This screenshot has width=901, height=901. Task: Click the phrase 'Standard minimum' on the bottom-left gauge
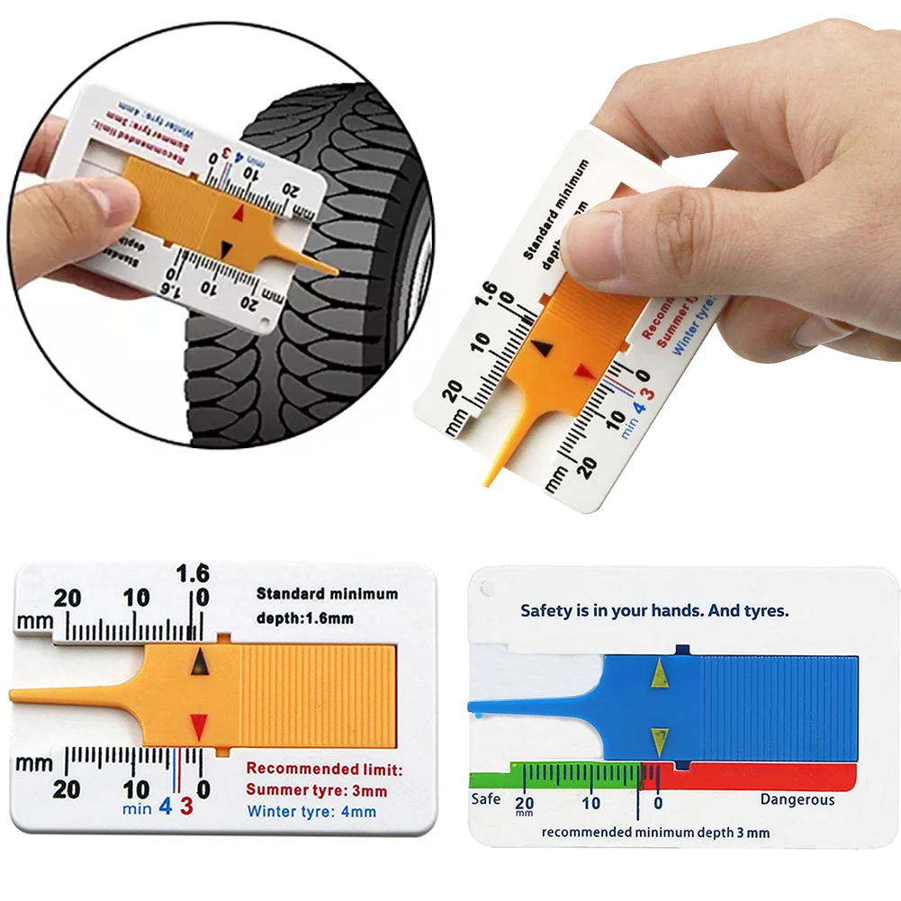click(327, 594)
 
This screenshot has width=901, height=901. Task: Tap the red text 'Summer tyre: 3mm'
click(316, 791)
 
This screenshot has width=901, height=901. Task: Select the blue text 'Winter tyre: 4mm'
click(311, 812)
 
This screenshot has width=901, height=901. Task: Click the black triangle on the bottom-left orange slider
click(200, 664)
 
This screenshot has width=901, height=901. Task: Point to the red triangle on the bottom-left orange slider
click(199, 725)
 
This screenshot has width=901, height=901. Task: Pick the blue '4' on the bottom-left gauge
click(166, 806)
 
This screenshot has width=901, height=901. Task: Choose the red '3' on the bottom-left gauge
click(186, 806)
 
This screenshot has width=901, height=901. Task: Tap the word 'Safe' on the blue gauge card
click(486, 799)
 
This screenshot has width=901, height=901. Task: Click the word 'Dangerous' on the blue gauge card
click(797, 799)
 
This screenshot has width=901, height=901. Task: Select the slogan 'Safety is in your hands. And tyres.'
click(654, 610)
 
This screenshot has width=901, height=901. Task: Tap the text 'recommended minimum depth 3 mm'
click(655, 833)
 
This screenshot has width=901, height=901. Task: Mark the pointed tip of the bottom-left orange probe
click(13, 696)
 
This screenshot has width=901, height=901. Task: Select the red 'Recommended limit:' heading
click(324, 770)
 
